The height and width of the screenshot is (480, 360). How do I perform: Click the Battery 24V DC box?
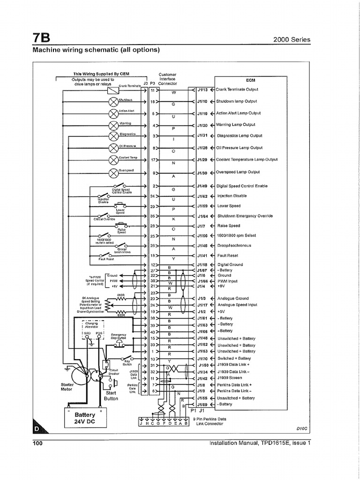(x=85, y=417)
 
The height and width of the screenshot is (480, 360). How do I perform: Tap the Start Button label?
(x=111, y=396)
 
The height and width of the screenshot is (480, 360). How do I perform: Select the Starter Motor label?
(x=68, y=387)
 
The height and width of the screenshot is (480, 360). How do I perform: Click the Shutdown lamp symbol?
(x=113, y=102)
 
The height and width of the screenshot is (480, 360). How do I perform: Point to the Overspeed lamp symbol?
(x=113, y=173)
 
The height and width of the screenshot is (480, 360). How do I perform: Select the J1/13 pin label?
(x=202, y=90)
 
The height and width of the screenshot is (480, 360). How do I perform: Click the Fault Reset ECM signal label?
(x=228, y=255)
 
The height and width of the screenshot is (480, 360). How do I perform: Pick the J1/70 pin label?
(x=202, y=358)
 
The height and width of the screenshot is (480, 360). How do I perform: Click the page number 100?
(x=38, y=442)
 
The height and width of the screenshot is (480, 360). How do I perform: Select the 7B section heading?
(x=41, y=38)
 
